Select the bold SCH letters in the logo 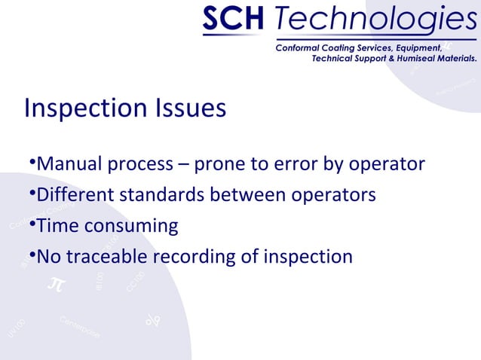coord(231,20)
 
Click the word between coord(246,195)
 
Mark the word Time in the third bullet coord(58,226)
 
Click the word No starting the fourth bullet coord(50,257)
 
